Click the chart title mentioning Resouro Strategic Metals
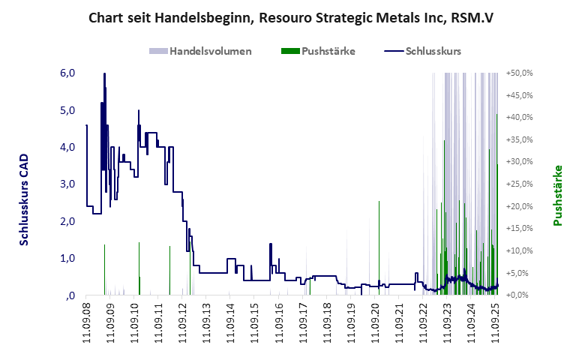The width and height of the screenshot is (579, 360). (289, 16)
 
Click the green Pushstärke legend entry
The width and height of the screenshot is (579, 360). (317, 51)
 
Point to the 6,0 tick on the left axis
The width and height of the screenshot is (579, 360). (67, 73)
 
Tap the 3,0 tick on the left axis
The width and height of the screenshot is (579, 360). (67, 184)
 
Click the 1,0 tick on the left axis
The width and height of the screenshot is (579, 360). (67, 259)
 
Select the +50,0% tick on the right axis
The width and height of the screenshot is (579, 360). (519, 73)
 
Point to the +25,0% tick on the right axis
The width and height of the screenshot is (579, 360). (519, 184)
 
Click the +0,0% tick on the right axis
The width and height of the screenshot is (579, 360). (519, 295)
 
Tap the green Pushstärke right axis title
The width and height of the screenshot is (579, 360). (557, 195)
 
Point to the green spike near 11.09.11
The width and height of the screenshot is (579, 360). (169, 270)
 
